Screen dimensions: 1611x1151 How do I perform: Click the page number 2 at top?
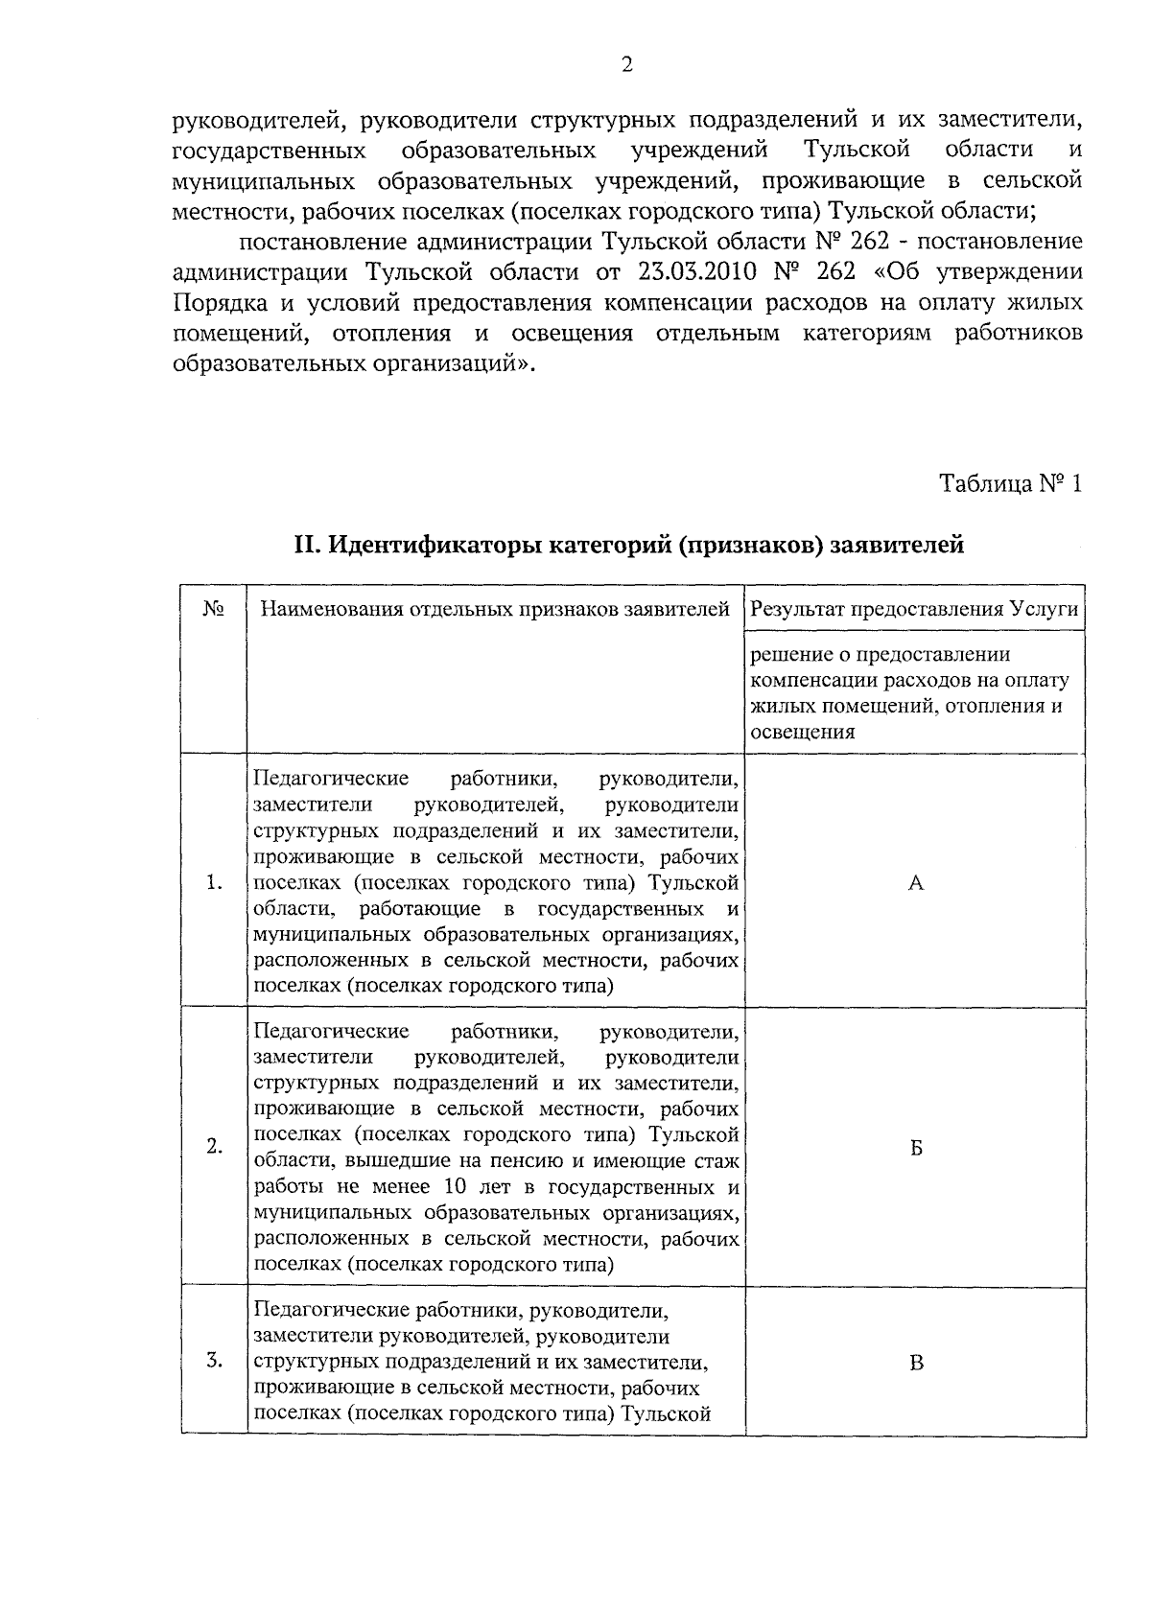627,65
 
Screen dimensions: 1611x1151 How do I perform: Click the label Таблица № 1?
1010,483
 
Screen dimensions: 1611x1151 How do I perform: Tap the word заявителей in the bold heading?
897,546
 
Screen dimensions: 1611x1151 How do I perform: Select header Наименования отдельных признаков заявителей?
496,609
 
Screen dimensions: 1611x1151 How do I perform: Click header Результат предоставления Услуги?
914,609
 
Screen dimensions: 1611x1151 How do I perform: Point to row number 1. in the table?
214,883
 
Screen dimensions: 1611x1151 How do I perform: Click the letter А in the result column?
916,883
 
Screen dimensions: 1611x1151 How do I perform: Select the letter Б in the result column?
916,1148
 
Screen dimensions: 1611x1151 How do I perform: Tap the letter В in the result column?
916,1362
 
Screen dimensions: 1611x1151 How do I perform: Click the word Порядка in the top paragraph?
214,302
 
